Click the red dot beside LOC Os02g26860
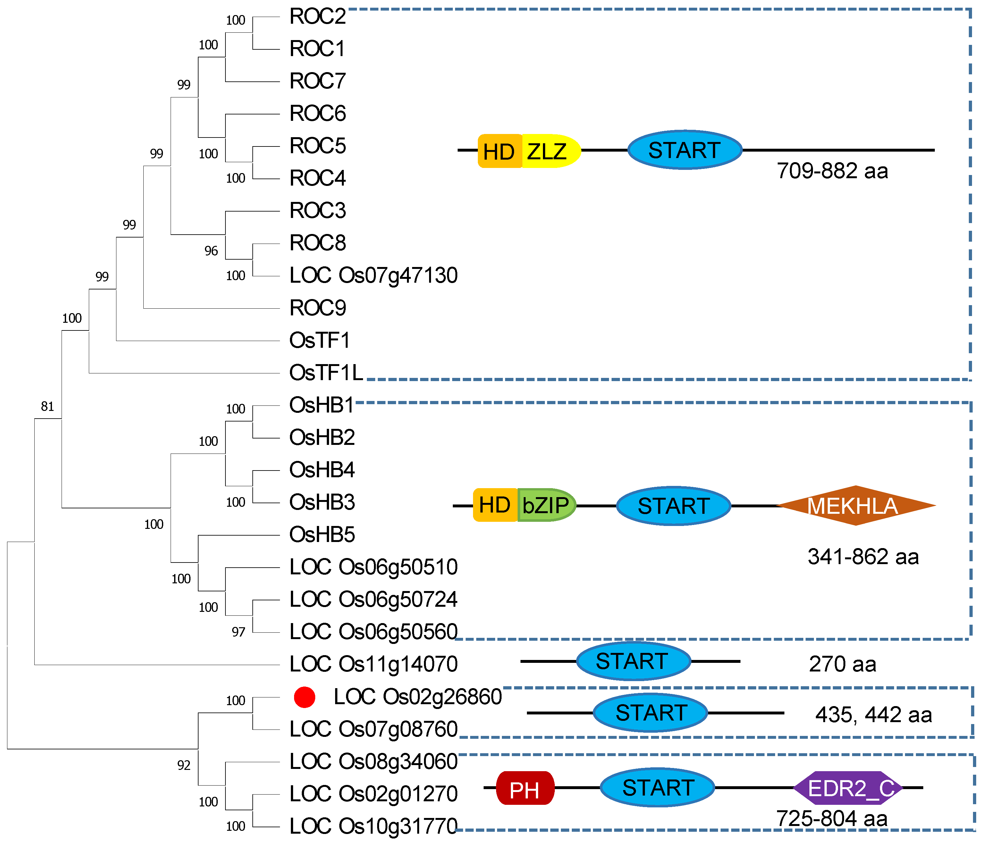tap(304, 697)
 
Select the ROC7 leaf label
tap(318, 81)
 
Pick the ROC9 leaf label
tap(318, 308)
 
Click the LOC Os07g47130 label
tap(373, 275)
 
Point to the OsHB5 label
tap(322, 535)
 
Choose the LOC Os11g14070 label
tap(373, 664)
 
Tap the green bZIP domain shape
tap(546, 505)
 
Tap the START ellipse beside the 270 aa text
tap(633, 661)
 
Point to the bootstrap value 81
tap(47, 406)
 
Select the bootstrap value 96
tap(211, 251)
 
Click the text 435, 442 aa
tap(874, 715)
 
